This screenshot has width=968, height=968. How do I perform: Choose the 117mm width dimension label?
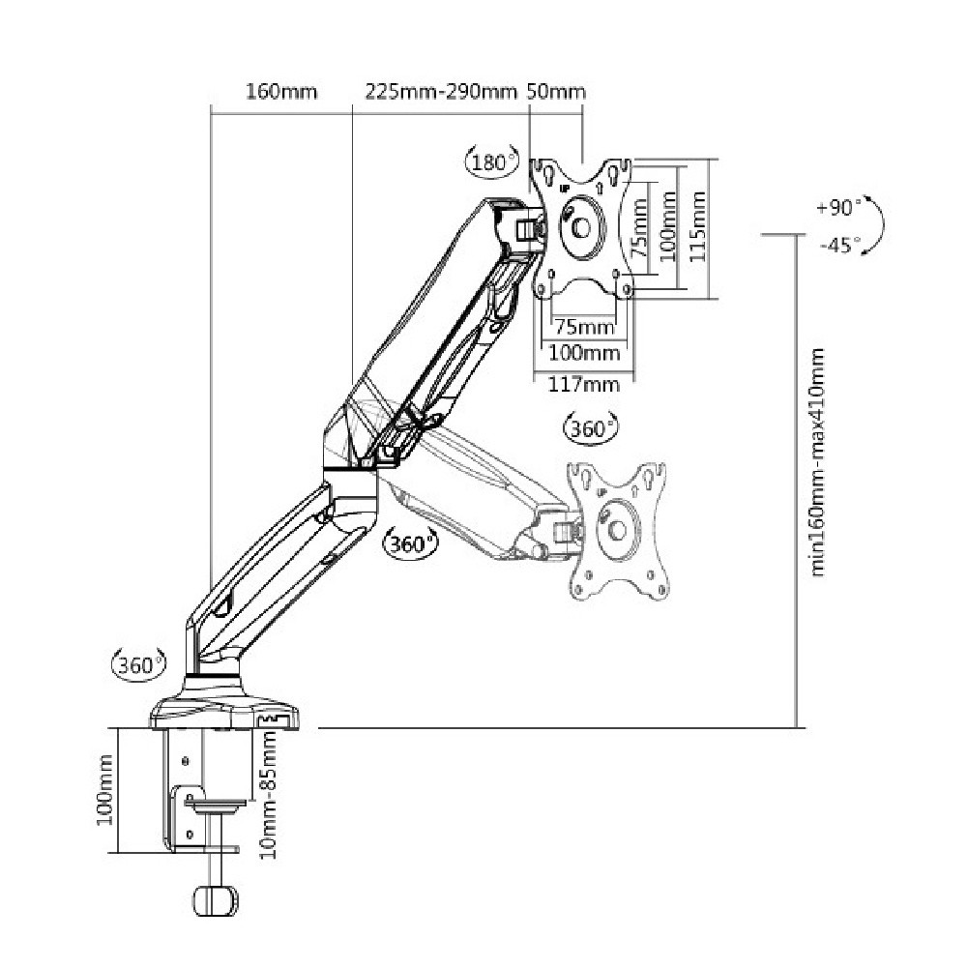[x=584, y=384]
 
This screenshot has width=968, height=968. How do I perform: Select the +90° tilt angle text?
[x=837, y=207]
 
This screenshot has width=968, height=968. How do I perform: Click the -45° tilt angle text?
[x=837, y=245]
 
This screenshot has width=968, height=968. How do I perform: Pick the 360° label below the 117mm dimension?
[x=589, y=428]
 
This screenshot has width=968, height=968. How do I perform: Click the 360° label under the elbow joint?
[x=409, y=544]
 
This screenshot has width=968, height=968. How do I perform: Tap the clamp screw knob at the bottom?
[x=218, y=898]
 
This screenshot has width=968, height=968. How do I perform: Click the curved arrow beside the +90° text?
[x=875, y=224]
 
